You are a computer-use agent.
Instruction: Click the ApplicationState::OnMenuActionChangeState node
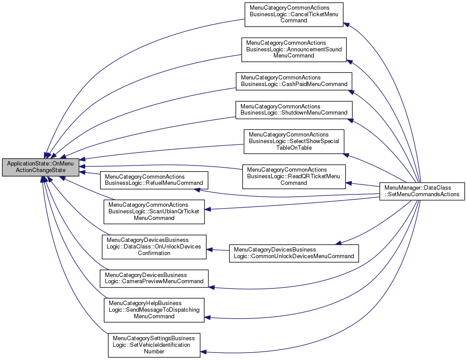point(40,167)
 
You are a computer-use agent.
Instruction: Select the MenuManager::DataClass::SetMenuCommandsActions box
point(421,191)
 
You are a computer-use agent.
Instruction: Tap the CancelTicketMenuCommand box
point(293,14)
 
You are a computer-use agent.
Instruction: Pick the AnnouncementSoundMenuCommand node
point(294,49)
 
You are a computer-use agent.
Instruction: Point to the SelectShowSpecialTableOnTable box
point(294,141)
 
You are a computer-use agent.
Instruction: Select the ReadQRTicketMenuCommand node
point(294,176)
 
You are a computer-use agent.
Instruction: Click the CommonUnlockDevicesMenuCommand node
point(294,253)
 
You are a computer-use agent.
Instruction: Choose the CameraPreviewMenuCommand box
point(154,278)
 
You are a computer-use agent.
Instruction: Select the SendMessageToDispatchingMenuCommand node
point(154,310)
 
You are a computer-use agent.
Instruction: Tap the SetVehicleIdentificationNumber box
point(154,345)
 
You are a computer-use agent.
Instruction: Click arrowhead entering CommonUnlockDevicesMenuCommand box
point(338,242)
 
